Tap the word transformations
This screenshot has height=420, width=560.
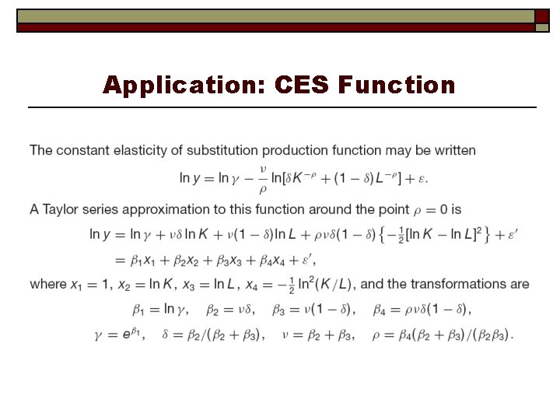pyautogui.click(x=457, y=284)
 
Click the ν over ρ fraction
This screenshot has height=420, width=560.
pyautogui.click(x=262, y=178)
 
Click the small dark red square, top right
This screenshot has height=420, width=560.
pyautogui.click(x=542, y=17)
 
